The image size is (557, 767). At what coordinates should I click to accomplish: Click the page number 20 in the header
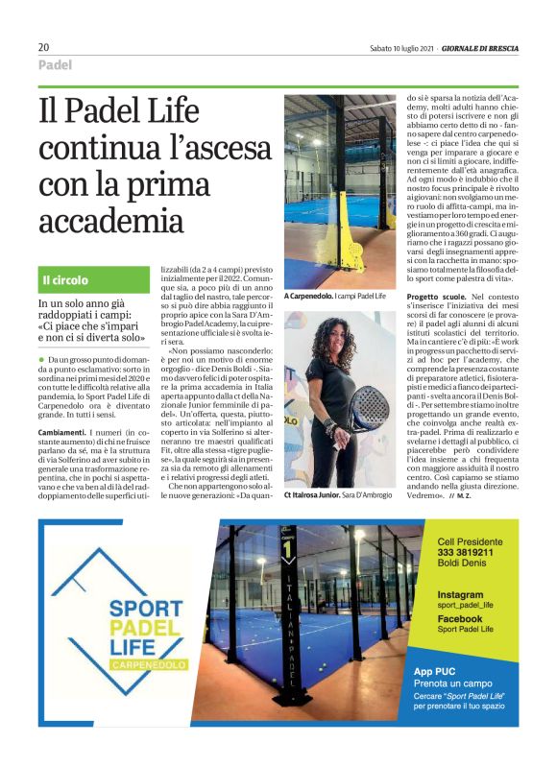coord(44,47)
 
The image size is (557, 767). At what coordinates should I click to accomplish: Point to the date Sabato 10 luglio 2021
coord(401,48)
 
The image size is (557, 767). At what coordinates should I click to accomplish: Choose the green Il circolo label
coord(65,280)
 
